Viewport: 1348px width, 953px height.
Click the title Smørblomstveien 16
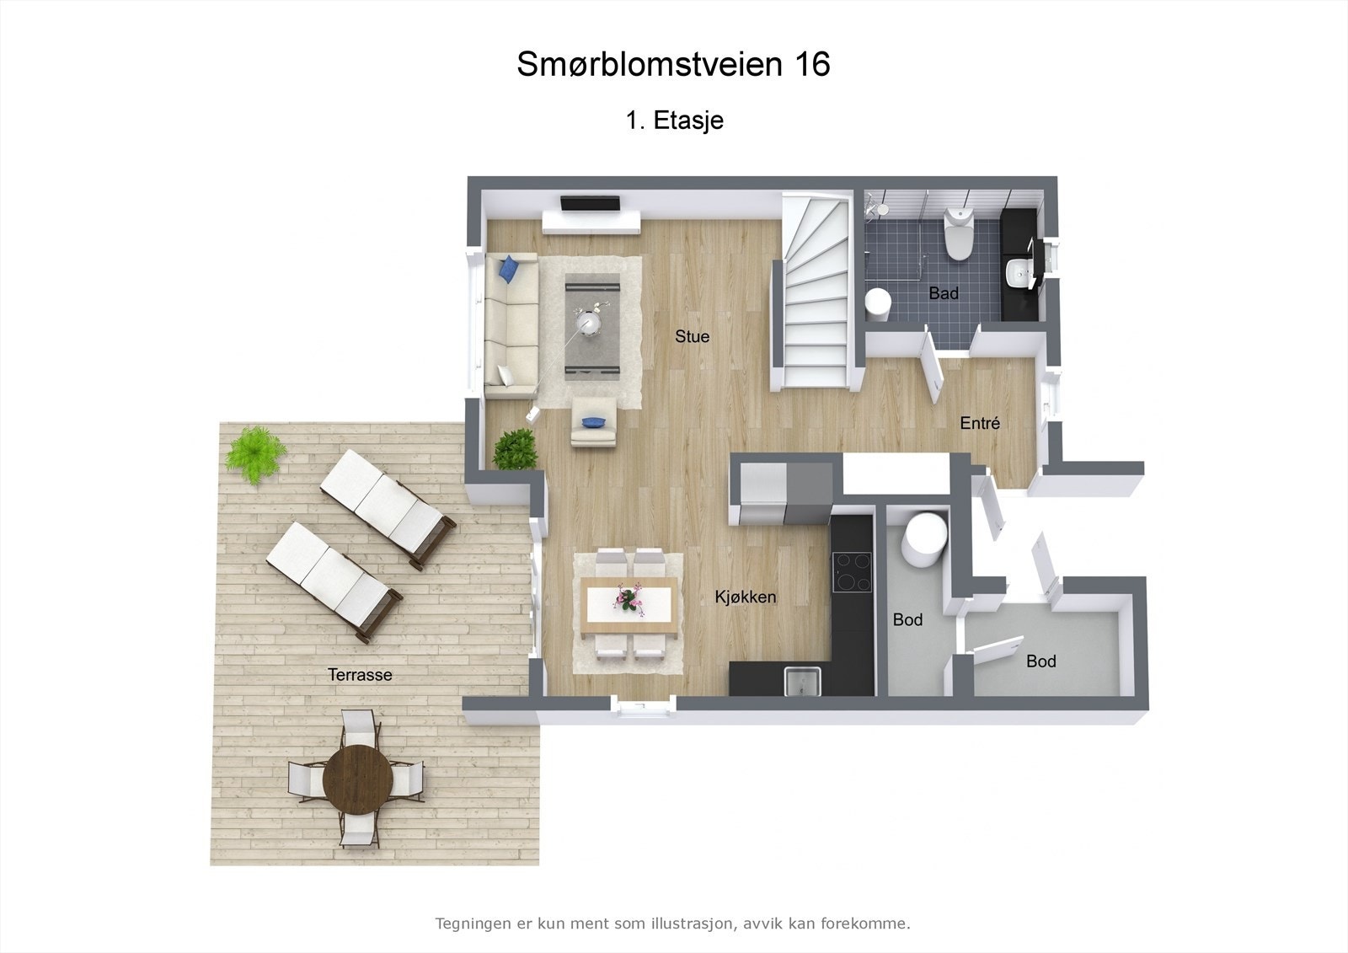click(x=673, y=64)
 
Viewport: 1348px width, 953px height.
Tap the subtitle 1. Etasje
click(x=674, y=120)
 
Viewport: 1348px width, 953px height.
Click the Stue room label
click(x=692, y=336)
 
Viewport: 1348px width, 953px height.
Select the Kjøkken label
click(x=746, y=597)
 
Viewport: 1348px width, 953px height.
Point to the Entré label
click(x=980, y=423)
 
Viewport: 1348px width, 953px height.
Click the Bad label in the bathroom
click(x=944, y=293)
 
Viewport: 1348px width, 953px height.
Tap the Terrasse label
click(x=360, y=675)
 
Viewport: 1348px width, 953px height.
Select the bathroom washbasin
click(x=1019, y=272)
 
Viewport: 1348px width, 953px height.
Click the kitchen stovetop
click(x=853, y=571)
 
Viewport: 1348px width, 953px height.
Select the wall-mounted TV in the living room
click(x=591, y=203)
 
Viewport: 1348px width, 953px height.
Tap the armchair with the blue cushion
click(x=593, y=424)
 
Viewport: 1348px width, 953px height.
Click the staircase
click(x=813, y=295)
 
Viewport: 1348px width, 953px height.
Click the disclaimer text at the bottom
click(x=672, y=924)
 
